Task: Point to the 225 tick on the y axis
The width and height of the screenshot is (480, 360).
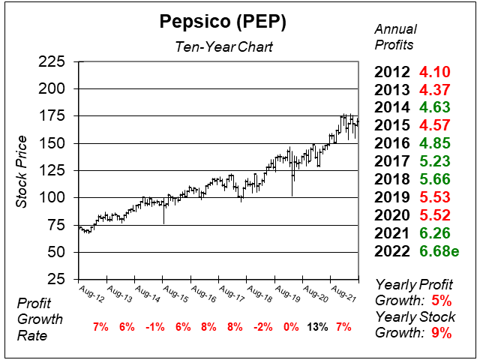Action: pos(52,61)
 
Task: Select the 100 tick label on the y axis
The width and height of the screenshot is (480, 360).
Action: pos(52,197)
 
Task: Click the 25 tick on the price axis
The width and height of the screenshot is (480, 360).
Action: pos(57,279)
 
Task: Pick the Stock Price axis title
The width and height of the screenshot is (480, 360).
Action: pos(22,171)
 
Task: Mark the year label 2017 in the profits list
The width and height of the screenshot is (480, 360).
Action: pos(394,160)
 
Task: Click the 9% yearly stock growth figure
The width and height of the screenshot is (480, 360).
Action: pos(442,334)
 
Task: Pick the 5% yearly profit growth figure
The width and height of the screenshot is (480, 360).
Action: pos(442,300)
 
